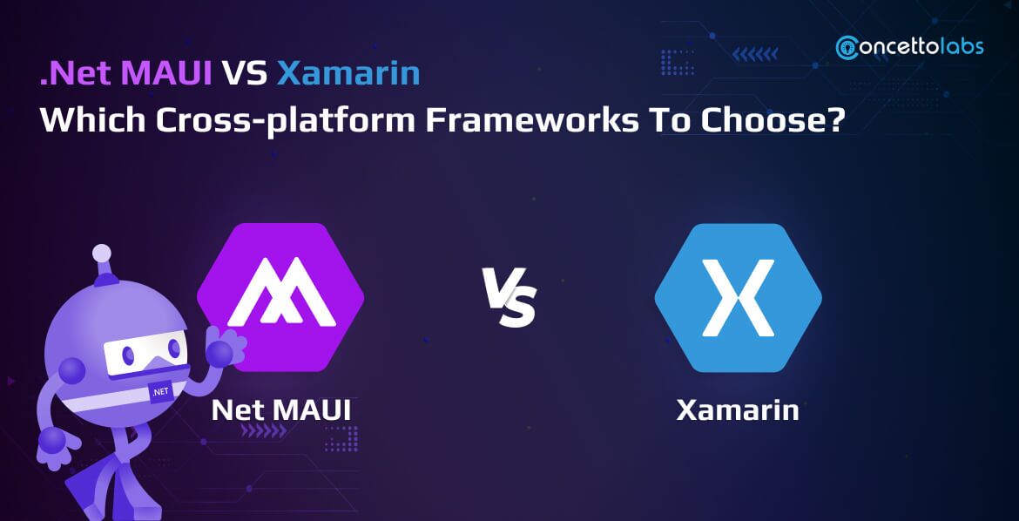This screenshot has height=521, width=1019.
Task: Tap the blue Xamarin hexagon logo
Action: (738, 297)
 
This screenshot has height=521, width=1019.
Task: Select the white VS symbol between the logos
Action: (509, 298)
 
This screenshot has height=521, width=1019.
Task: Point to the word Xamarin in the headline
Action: (348, 74)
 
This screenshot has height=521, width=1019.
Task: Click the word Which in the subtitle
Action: (84, 119)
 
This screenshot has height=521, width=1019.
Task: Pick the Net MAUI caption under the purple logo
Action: (280, 409)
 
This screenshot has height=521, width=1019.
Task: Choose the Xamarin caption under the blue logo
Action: (738, 409)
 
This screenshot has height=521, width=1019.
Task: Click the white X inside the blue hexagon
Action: (738, 297)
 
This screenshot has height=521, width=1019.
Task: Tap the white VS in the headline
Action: (244, 74)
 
